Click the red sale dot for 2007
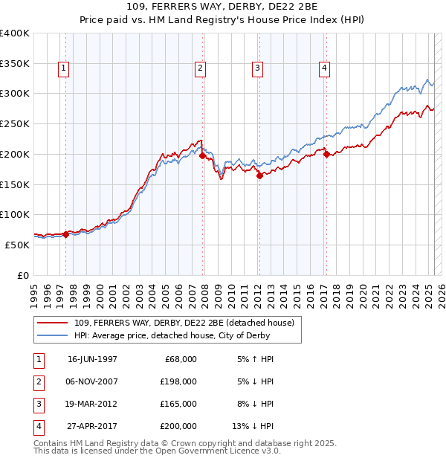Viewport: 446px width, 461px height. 202,156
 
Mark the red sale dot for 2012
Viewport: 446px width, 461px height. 259,176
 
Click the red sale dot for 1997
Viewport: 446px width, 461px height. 65,234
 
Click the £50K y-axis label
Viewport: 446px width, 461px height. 17,244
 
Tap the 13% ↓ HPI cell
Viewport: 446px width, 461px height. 253,426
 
